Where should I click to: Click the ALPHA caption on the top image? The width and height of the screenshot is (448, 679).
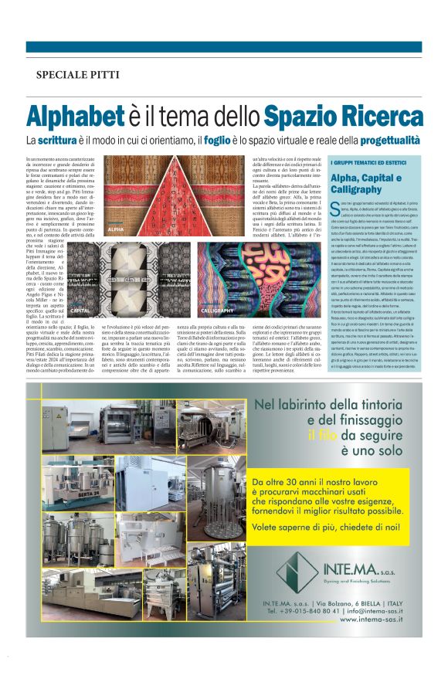[x=117, y=230]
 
